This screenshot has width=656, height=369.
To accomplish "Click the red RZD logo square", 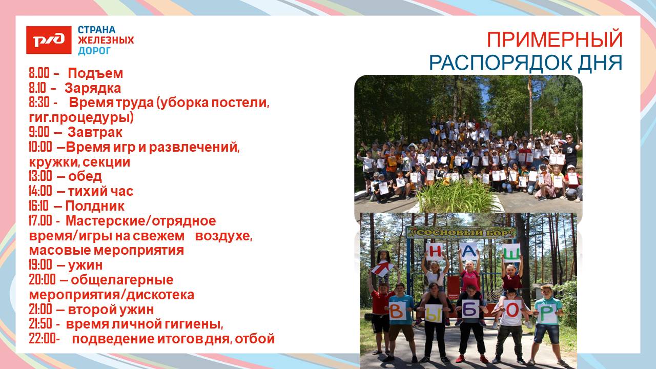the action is pos(49,40).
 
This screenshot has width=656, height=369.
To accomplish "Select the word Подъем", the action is pos(95,73).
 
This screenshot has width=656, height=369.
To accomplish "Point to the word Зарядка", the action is pos(93,88).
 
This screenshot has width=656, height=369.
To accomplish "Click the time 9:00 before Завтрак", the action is pos(39,132).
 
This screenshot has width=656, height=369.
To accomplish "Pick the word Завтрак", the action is pos(95,132).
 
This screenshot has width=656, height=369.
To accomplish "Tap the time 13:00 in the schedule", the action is pos(40,176).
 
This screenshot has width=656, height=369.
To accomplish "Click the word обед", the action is pos(85,176).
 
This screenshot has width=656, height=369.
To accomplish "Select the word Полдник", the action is pos(95,206).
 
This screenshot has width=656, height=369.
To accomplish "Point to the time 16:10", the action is pos(38,206).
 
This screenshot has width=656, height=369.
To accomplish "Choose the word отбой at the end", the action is pos(255,339).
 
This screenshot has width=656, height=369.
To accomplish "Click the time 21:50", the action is pos(40,324).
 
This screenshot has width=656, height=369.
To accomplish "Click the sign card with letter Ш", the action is pos(511,253).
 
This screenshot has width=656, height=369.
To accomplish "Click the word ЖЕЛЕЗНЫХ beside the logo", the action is pos(106,40).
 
